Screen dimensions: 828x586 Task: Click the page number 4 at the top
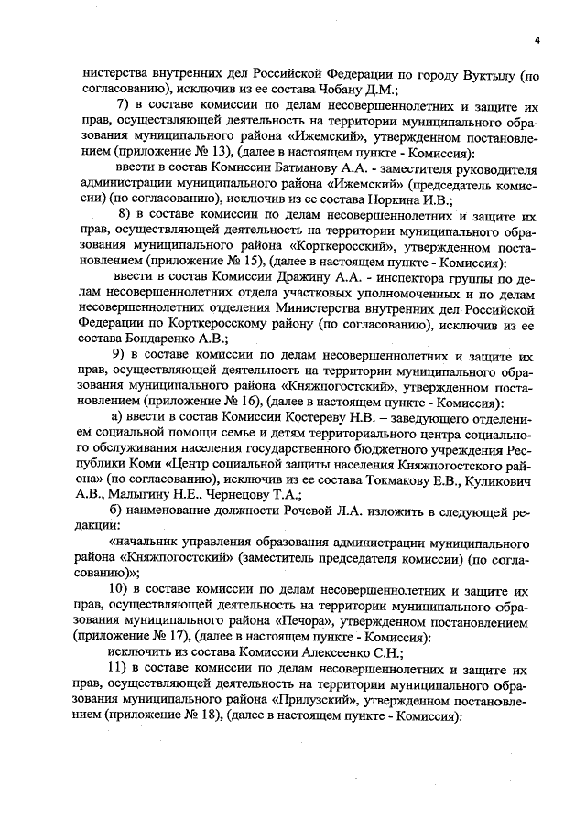click(537, 38)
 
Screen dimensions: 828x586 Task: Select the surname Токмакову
click(417, 479)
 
